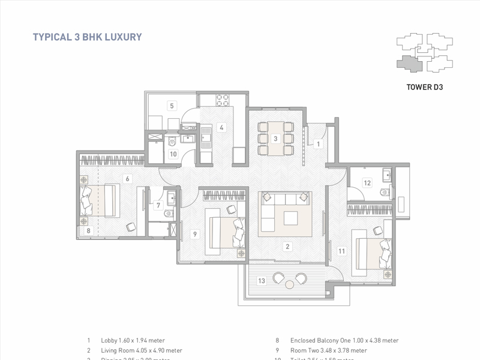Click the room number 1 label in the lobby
point(319,143)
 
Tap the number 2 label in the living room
point(287,246)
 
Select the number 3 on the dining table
point(275,139)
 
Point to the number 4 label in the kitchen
point(221,127)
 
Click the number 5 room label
point(172,106)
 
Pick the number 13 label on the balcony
point(261,281)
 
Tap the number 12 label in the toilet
point(367,182)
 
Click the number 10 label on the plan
point(173,154)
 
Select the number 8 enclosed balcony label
point(88,230)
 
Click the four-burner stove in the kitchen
point(223,98)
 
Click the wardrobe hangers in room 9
point(224,195)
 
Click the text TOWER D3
point(424,86)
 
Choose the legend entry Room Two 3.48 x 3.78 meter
point(328,350)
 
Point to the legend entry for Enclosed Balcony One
point(344,340)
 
